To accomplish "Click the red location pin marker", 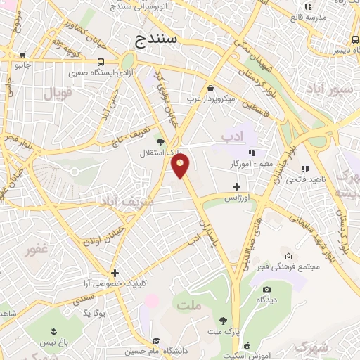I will (181, 166).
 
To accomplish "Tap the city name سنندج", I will (156, 41).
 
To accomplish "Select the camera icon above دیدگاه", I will (266, 289).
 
